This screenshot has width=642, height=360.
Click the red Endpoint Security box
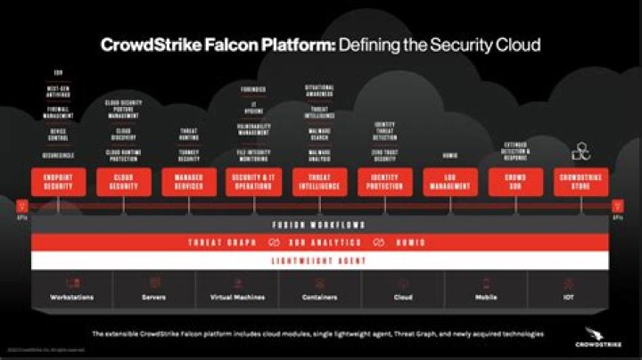coord(59,182)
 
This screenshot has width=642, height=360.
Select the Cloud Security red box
coord(122,182)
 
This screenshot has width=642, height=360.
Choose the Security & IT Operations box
coord(252,182)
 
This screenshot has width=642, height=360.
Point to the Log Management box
coord(449,182)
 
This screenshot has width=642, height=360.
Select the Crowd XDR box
coord(515,182)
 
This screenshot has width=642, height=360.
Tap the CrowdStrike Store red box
coord(581,182)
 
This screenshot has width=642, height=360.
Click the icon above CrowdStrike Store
coord(581,150)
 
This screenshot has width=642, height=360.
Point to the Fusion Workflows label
coord(320,224)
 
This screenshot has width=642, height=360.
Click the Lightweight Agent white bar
coord(320,260)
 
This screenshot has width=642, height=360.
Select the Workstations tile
coord(72,290)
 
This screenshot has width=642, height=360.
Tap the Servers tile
coord(153,290)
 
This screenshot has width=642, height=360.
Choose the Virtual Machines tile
coord(237,290)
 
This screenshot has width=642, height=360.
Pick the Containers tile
coord(320,290)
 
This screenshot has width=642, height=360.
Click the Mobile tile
coord(486,290)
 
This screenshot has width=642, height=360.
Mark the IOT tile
coord(568,290)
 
